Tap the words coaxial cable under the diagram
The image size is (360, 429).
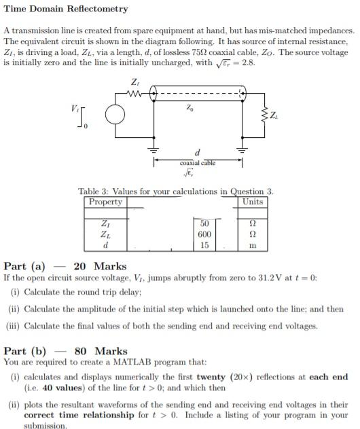[197, 163]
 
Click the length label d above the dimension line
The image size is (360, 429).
[197, 153]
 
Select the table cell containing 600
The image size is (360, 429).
[204, 234]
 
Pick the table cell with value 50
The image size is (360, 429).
[204, 223]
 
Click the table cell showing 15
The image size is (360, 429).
[204, 244]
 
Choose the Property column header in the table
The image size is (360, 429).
[105, 202]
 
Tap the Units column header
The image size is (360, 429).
[252, 202]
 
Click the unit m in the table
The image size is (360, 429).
[252, 245]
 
